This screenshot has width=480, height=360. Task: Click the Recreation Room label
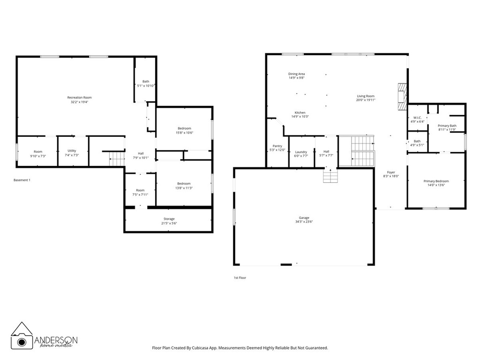[79, 97]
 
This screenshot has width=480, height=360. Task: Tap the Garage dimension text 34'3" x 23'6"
[304, 222]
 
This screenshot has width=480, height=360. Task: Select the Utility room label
[72, 151]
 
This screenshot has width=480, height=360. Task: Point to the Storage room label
[169, 219]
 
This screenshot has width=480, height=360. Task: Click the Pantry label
[277, 146]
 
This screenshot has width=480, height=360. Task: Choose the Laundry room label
[301, 151]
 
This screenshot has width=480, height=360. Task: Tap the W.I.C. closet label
[417, 118]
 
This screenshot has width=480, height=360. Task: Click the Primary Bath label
[447, 126]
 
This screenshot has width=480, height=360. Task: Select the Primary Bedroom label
[436, 181]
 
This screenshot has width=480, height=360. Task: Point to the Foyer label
[391, 172]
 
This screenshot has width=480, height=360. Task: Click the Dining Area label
[296, 74]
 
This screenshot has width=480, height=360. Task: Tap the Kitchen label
[300, 112]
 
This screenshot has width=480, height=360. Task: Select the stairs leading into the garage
[330, 176]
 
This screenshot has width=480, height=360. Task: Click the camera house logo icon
[22, 336]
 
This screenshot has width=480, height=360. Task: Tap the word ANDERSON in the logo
[56, 340]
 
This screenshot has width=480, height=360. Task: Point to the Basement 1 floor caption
[22, 180]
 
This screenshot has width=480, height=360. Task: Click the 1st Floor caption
[240, 277]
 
